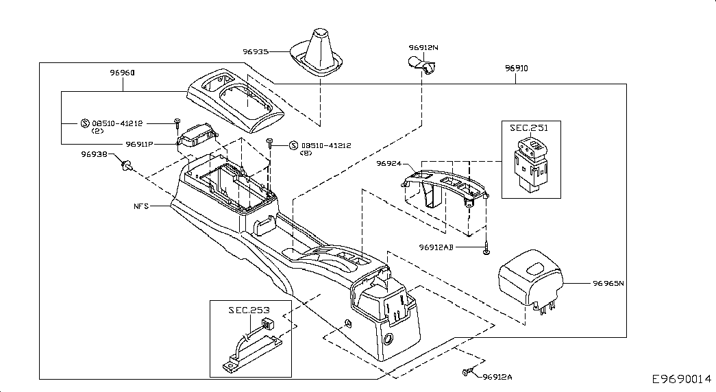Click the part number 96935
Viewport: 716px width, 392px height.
tap(255, 51)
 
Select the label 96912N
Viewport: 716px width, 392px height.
tap(423, 47)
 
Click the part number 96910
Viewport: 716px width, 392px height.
tap(516, 69)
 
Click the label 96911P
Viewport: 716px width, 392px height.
tap(139, 145)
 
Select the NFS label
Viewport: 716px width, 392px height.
tap(141, 206)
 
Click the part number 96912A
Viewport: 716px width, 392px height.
tap(497, 377)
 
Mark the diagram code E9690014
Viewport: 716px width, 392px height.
tap(681, 379)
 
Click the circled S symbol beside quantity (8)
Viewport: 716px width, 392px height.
tap(293, 145)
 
